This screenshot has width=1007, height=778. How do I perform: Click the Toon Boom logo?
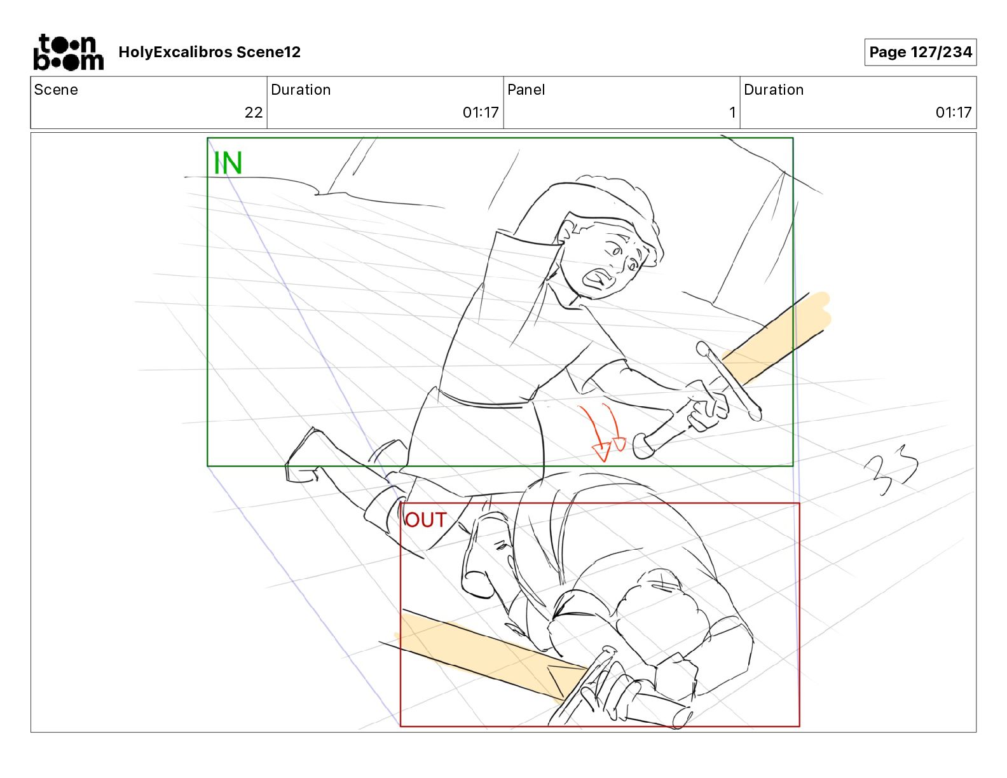pyautogui.click(x=68, y=52)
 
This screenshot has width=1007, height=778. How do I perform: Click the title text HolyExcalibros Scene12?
pyautogui.click(x=209, y=52)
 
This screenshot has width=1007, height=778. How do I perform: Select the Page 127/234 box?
pyautogui.click(x=920, y=52)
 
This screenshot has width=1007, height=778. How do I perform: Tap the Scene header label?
pyautogui.click(x=56, y=90)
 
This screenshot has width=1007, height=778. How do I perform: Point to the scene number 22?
pyautogui.click(x=253, y=113)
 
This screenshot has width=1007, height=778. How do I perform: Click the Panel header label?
pyautogui.click(x=526, y=90)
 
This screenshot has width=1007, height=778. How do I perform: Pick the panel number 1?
pyautogui.click(x=732, y=113)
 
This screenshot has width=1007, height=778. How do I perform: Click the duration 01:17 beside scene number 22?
pyautogui.click(x=481, y=113)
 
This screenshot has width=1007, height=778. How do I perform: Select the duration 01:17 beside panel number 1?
pyautogui.click(x=953, y=113)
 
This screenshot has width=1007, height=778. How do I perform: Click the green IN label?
pyautogui.click(x=228, y=163)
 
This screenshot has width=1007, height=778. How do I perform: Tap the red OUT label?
pyautogui.click(x=426, y=520)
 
